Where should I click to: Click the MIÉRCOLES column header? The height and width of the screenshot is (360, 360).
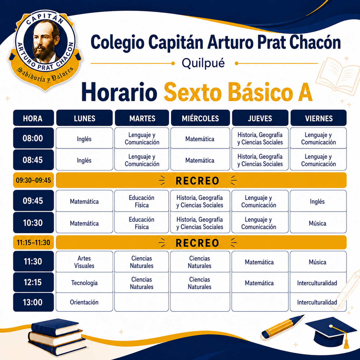click(x=200, y=118)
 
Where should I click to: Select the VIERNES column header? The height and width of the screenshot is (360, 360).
click(x=318, y=118)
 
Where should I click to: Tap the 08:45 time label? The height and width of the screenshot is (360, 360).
click(x=33, y=160)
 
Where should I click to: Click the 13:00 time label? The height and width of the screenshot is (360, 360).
click(x=33, y=302)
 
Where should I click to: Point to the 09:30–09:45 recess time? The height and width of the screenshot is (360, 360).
click(x=33, y=180)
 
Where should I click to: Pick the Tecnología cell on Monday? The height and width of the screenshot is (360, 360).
click(x=84, y=282)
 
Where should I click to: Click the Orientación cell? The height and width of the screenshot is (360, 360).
click(x=84, y=302)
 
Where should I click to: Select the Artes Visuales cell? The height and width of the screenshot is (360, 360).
click(x=84, y=262)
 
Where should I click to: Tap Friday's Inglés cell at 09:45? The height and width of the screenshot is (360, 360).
click(x=318, y=201)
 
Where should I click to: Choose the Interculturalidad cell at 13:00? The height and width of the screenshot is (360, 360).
click(x=318, y=302)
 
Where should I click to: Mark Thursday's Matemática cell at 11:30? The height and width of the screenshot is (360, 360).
click(x=260, y=262)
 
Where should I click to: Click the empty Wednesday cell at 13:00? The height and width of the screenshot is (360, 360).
click(x=200, y=302)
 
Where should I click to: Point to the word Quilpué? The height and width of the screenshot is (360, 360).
click(x=203, y=63)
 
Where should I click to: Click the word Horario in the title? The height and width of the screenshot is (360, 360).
click(x=119, y=92)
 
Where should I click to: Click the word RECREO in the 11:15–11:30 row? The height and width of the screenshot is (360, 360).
click(x=198, y=243)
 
